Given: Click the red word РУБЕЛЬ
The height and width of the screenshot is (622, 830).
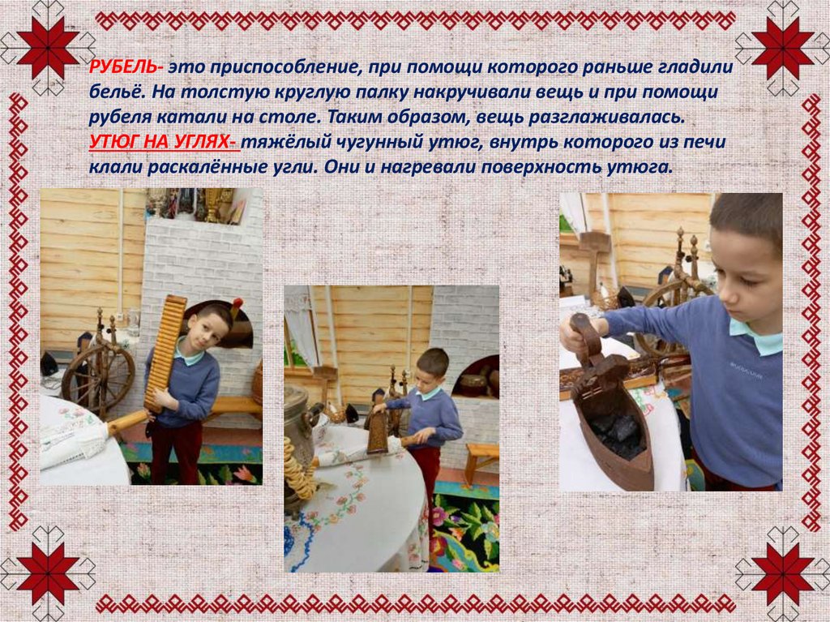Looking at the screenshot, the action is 123,66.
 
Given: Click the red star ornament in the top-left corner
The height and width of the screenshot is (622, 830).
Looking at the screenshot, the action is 48,48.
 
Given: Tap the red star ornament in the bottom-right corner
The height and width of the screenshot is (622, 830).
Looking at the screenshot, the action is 782,574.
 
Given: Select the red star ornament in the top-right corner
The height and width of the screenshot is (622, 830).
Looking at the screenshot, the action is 782,48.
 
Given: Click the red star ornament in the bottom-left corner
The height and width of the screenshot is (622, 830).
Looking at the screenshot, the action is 48,574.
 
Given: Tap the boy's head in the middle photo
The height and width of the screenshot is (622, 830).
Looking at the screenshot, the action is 432,368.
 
